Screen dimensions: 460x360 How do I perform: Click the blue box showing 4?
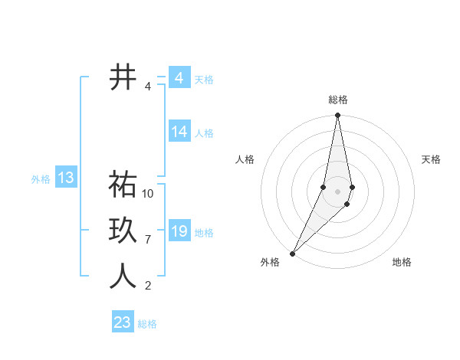pyautogui.click(x=179, y=77)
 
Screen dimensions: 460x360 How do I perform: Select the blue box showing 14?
pyautogui.click(x=179, y=132)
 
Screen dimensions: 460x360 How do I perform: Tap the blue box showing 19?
pyautogui.click(x=179, y=231)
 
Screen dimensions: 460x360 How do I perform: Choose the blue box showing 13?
pyautogui.click(x=65, y=178)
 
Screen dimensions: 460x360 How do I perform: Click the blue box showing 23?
pyautogui.click(x=123, y=322)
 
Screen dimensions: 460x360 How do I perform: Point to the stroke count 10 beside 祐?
pyautogui.click(x=148, y=193)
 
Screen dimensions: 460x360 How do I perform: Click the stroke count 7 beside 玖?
pyautogui.click(x=148, y=240)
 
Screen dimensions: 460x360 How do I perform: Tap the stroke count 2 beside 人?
pyautogui.click(x=148, y=286)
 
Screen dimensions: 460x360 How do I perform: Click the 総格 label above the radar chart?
pyautogui.click(x=338, y=100)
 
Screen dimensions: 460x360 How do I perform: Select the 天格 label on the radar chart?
pyautogui.click(x=431, y=159)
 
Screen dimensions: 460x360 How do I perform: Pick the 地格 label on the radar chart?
pyautogui.click(x=402, y=262)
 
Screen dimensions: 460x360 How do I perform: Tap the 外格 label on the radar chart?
pyautogui.click(x=270, y=262)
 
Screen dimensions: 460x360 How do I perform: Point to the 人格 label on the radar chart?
pyautogui.click(x=245, y=159)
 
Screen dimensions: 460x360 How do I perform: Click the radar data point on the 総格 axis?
pyautogui.click(x=337, y=116)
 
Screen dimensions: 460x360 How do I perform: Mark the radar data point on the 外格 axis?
pyautogui.click(x=293, y=253)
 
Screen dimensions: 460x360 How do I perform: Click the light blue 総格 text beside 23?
pyautogui.click(x=147, y=324)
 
